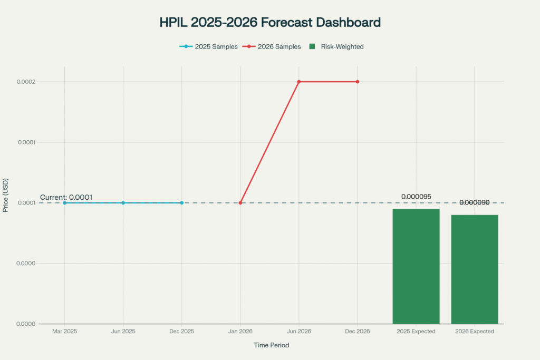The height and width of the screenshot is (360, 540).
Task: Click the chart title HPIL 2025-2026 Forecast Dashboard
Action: [x=269, y=23]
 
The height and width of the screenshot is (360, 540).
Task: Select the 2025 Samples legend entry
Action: [x=208, y=46]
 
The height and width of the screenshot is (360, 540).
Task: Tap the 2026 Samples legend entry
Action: [x=272, y=46]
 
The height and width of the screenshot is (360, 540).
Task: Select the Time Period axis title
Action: [x=269, y=345]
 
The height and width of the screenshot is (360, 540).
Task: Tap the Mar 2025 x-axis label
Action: [x=64, y=332]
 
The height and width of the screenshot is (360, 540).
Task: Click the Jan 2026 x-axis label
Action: [x=240, y=332]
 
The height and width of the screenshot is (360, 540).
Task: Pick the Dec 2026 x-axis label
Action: [x=358, y=332]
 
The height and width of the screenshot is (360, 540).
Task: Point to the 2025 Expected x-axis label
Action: [x=416, y=332]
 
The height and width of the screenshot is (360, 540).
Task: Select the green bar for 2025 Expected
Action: [x=416, y=266]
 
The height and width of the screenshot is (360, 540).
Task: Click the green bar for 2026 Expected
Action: [x=475, y=269]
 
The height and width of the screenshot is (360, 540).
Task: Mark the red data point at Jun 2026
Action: [x=299, y=82]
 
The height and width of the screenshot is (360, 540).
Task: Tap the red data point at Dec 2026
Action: [x=358, y=82]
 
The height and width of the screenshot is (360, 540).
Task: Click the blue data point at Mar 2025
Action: [x=64, y=203]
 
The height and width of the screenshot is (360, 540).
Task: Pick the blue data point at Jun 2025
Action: [x=123, y=203]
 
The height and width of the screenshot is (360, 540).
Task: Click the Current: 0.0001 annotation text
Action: [x=66, y=197]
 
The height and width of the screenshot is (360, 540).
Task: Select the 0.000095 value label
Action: [x=416, y=197]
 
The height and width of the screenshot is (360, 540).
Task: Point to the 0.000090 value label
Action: [x=475, y=202]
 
